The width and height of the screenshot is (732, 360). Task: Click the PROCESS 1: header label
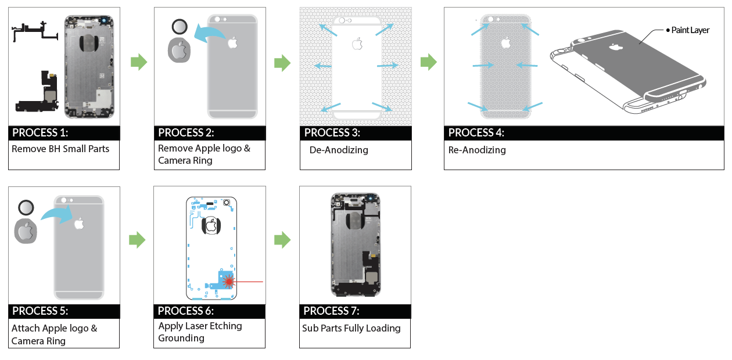tap(40, 132)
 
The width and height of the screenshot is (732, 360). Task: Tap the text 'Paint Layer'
tap(690, 30)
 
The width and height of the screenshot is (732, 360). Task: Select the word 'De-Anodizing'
tap(339, 150)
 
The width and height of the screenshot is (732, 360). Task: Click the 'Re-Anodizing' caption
tap(477, 150)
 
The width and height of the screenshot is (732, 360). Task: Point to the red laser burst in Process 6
tap(228, 281)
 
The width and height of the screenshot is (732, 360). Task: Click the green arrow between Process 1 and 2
tap(139, 62)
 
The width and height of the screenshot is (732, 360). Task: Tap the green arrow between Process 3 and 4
tap(428, 62)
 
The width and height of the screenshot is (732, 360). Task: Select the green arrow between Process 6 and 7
tap(282, 240)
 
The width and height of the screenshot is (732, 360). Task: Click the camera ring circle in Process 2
tap(180, 27)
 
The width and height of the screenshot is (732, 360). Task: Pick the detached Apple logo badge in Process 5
tap(26, 231)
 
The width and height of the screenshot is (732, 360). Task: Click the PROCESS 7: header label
tap(331, 311)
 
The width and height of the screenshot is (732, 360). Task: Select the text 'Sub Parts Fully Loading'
tap(351, 328)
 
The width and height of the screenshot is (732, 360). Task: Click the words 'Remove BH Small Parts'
tap(60, 149)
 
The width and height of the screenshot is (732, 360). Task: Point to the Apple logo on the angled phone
tap(616, 48)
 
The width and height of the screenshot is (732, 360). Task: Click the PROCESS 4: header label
tap(476, 132)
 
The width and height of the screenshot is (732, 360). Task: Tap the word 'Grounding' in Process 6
tap(181, 338)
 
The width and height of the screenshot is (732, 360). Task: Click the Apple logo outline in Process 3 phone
tap(357, 44)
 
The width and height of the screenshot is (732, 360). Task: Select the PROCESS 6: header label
tap(186, 311)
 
